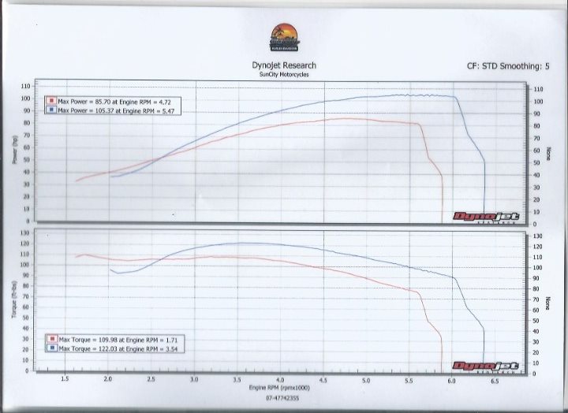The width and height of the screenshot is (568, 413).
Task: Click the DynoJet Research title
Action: coord(284,66)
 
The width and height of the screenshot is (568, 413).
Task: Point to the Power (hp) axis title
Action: coord(14,150)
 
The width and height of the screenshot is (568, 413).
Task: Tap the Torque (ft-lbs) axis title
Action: coord(14,300)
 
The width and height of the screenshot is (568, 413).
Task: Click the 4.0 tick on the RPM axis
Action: coord(280,381)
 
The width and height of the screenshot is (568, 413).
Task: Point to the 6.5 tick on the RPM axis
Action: coord(495,381)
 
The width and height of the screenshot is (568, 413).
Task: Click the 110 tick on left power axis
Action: coord(26,86)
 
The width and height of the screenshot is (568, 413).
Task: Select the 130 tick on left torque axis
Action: coord(26,233)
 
